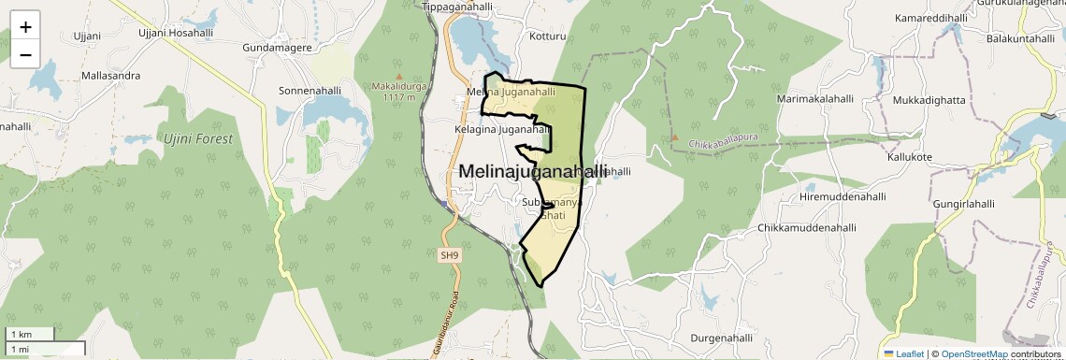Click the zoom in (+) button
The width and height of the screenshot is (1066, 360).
[25, 27]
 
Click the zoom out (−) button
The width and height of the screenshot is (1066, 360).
[25, 54]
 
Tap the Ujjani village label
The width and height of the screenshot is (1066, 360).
[86, 36]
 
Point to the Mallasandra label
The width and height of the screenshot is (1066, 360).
[111, 75]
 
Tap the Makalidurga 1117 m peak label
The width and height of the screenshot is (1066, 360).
[399, 92]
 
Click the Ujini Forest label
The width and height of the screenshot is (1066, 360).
[197, 138]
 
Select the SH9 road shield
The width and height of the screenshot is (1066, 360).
[451, 255]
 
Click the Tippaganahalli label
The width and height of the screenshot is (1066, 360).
[457, 7]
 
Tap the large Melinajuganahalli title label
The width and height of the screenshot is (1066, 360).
[533, 171]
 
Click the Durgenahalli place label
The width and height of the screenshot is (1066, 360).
[721, 338]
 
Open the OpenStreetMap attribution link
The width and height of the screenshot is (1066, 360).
[973, 353]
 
